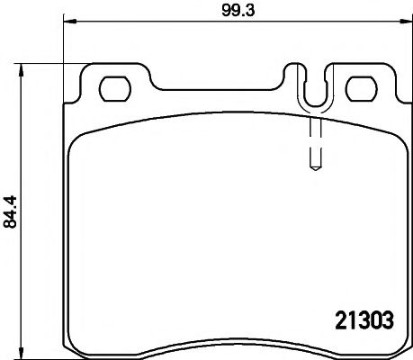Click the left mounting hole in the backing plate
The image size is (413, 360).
[114, 87]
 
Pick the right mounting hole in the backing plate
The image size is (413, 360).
[361, 87]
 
